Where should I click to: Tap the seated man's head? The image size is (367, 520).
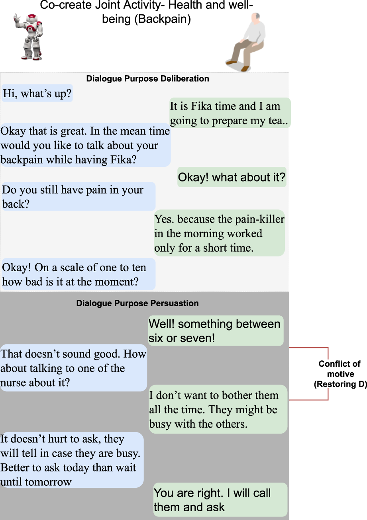pyautogui.click(x=255, y=18)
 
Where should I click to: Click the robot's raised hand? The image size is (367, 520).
pyautogui.click(x=16, y=18)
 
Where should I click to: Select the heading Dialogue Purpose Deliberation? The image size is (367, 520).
pyautogui.click(x=147, y=79)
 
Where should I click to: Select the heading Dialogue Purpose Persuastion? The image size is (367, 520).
pyautogui.click(x=137, y=303)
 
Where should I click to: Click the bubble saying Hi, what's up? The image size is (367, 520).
pyautogui.click(x=37, y=94)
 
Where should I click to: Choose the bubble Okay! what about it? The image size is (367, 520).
pyautogui.click(x=232, y=177)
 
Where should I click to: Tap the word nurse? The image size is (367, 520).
pyautogui.click(x=17, y=383)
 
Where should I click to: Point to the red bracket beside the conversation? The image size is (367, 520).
pyautogui.click(x=328, y=373)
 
